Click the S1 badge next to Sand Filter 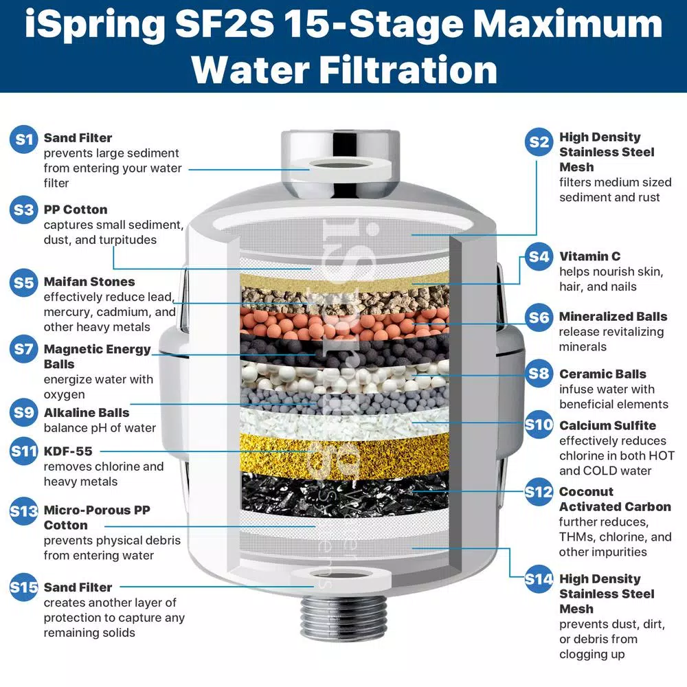(x=25, y=139)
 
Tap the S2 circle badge (x=539, y=142)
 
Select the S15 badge (x=25, y=588)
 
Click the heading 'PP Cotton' (x=76, y=210)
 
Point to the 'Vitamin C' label (x=589, y=256)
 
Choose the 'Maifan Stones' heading (x=89, y=282)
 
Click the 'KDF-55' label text (x=68, y=451)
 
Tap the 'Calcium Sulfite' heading (x=607, y=425)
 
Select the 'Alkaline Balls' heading (x=87, y=413)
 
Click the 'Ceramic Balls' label (x=602, y=374)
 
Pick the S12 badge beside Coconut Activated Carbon (x=539, y=492)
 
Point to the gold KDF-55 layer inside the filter (x=343, y=453)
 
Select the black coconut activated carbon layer (x=343, y=491)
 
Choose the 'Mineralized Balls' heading (x=613, y=317)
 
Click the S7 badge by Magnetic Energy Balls (x=25, y=350)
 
